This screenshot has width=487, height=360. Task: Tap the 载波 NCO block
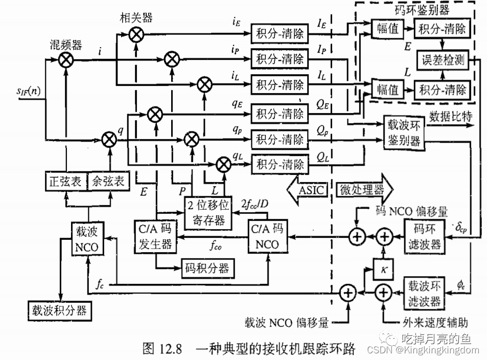coord(89,238)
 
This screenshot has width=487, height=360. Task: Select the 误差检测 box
coord(443,59)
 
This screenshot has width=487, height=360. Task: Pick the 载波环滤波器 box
coord(424,292)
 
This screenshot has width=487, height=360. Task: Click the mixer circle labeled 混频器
coord(66,61)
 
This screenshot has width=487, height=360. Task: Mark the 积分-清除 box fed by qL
coord(281,165)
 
